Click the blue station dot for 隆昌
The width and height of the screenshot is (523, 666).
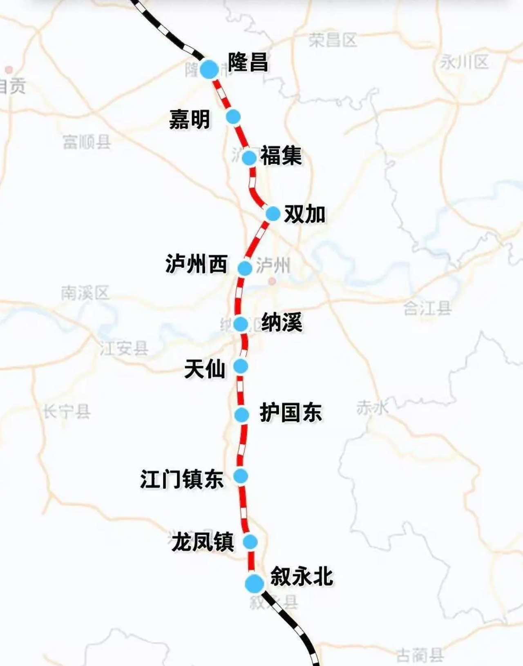(210, 69)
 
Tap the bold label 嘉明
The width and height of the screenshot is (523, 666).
(190, 120)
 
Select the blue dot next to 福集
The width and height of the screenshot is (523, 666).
(249, 157)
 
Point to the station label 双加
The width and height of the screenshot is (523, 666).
(305, 214)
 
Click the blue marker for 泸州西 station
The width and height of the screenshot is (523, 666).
(245, 268)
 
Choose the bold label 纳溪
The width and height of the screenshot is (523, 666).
(282, 323)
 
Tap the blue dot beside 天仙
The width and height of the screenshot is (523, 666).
(241, 366)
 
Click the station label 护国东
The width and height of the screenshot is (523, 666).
(291, 412)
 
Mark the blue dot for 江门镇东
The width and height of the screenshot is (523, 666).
(241, 476)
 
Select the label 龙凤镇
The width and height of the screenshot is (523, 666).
(203, 542)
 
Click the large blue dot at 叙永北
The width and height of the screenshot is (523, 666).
(255, 583)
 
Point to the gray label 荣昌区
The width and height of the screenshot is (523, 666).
(333, 40)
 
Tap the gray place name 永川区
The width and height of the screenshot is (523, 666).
(465, 62)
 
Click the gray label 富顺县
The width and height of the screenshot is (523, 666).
(87, 142)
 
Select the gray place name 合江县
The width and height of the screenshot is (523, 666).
(427, 308)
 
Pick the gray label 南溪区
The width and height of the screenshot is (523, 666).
(85, 293)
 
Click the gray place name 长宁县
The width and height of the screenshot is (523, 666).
(67, 411)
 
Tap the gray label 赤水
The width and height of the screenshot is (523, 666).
(372, 408)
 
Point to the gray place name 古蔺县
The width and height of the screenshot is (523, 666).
(420, 655)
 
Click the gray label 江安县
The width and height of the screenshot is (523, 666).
(124, 348)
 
